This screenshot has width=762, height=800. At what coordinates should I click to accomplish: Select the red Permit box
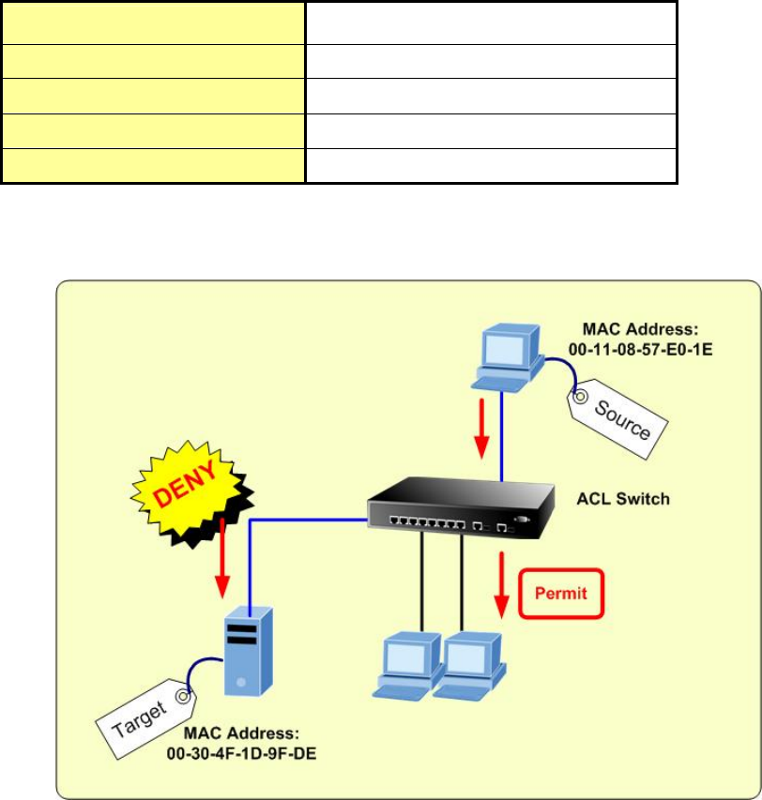click(x=559, y=594)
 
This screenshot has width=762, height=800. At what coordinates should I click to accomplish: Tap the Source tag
click(x=620, y=416)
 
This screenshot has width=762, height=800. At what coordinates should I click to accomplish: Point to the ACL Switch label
click(x=624, y=499)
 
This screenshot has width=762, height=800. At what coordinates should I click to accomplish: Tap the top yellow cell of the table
click(x=153, y=22)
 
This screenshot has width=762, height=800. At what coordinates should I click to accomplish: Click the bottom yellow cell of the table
click(x=153, y=165)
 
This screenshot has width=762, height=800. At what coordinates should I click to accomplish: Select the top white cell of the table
click(x=491, y=22)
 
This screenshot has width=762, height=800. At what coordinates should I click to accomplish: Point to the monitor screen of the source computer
click(x=508, y=345)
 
